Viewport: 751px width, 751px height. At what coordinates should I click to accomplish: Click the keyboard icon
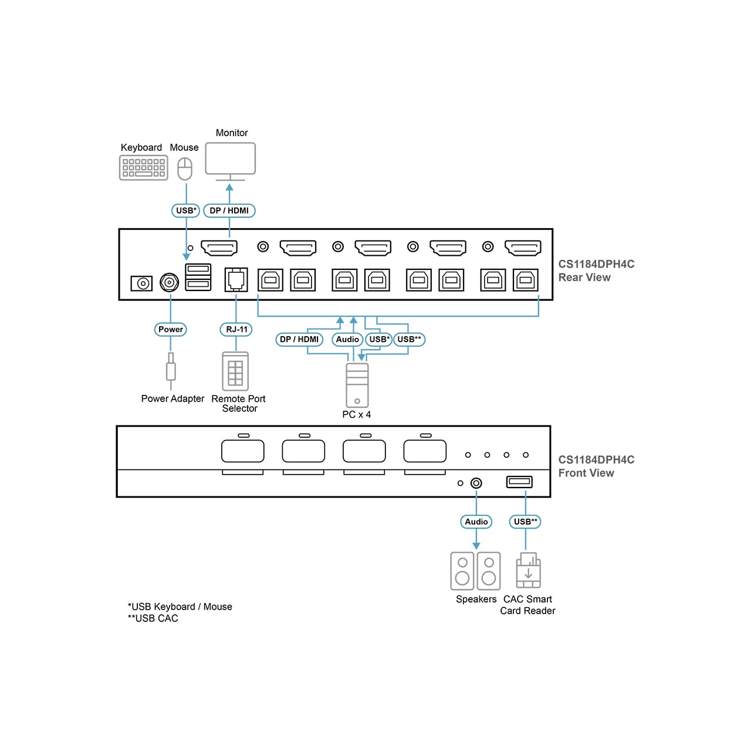click(143, 168)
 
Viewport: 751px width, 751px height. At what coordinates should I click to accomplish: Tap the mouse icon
click(185, 168)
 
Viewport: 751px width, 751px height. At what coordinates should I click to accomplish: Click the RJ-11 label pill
click(236, 329)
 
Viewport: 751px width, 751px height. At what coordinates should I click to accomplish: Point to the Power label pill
click(171, 329)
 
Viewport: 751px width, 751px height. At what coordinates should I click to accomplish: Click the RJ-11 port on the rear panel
click(236, 279)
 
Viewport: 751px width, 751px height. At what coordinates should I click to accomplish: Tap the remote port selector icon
click(235, 371)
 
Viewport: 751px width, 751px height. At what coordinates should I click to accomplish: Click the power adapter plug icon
click(171, 370)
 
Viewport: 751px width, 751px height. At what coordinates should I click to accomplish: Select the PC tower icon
click(357, 385)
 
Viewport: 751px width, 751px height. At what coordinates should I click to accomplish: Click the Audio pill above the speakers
click(476, 522)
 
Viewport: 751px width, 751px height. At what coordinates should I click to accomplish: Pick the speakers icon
click(475, 571)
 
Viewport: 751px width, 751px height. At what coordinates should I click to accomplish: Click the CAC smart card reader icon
click(528, 571)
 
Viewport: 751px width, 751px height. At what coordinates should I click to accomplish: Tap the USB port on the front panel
click(519, 482)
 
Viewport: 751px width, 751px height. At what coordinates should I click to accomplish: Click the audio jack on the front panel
click(476, 483)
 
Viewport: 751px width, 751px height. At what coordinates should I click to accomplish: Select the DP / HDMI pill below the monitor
click(229, 211)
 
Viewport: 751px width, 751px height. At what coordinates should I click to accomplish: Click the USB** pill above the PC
click(409, 339)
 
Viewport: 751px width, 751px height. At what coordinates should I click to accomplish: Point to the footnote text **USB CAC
click(153, 618)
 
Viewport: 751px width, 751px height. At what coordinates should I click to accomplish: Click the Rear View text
click(584, 278)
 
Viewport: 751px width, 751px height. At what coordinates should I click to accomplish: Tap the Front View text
click(586, 473)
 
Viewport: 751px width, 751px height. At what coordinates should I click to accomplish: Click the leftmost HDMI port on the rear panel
click(219, 248)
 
